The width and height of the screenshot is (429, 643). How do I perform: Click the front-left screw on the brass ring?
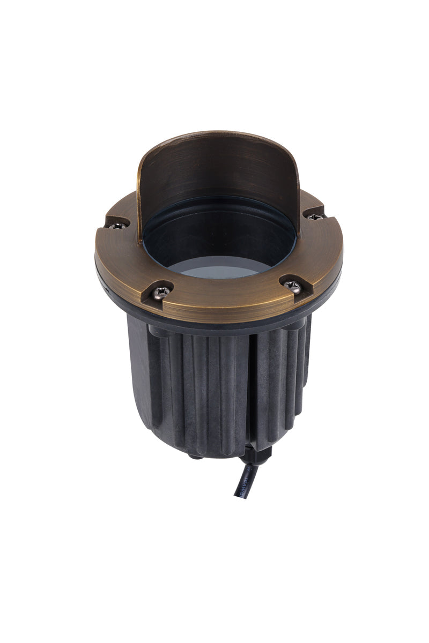[160, 292]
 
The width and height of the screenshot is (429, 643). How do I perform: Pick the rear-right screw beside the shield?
[314, 216]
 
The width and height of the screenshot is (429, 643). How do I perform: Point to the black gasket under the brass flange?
[214, 324]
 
